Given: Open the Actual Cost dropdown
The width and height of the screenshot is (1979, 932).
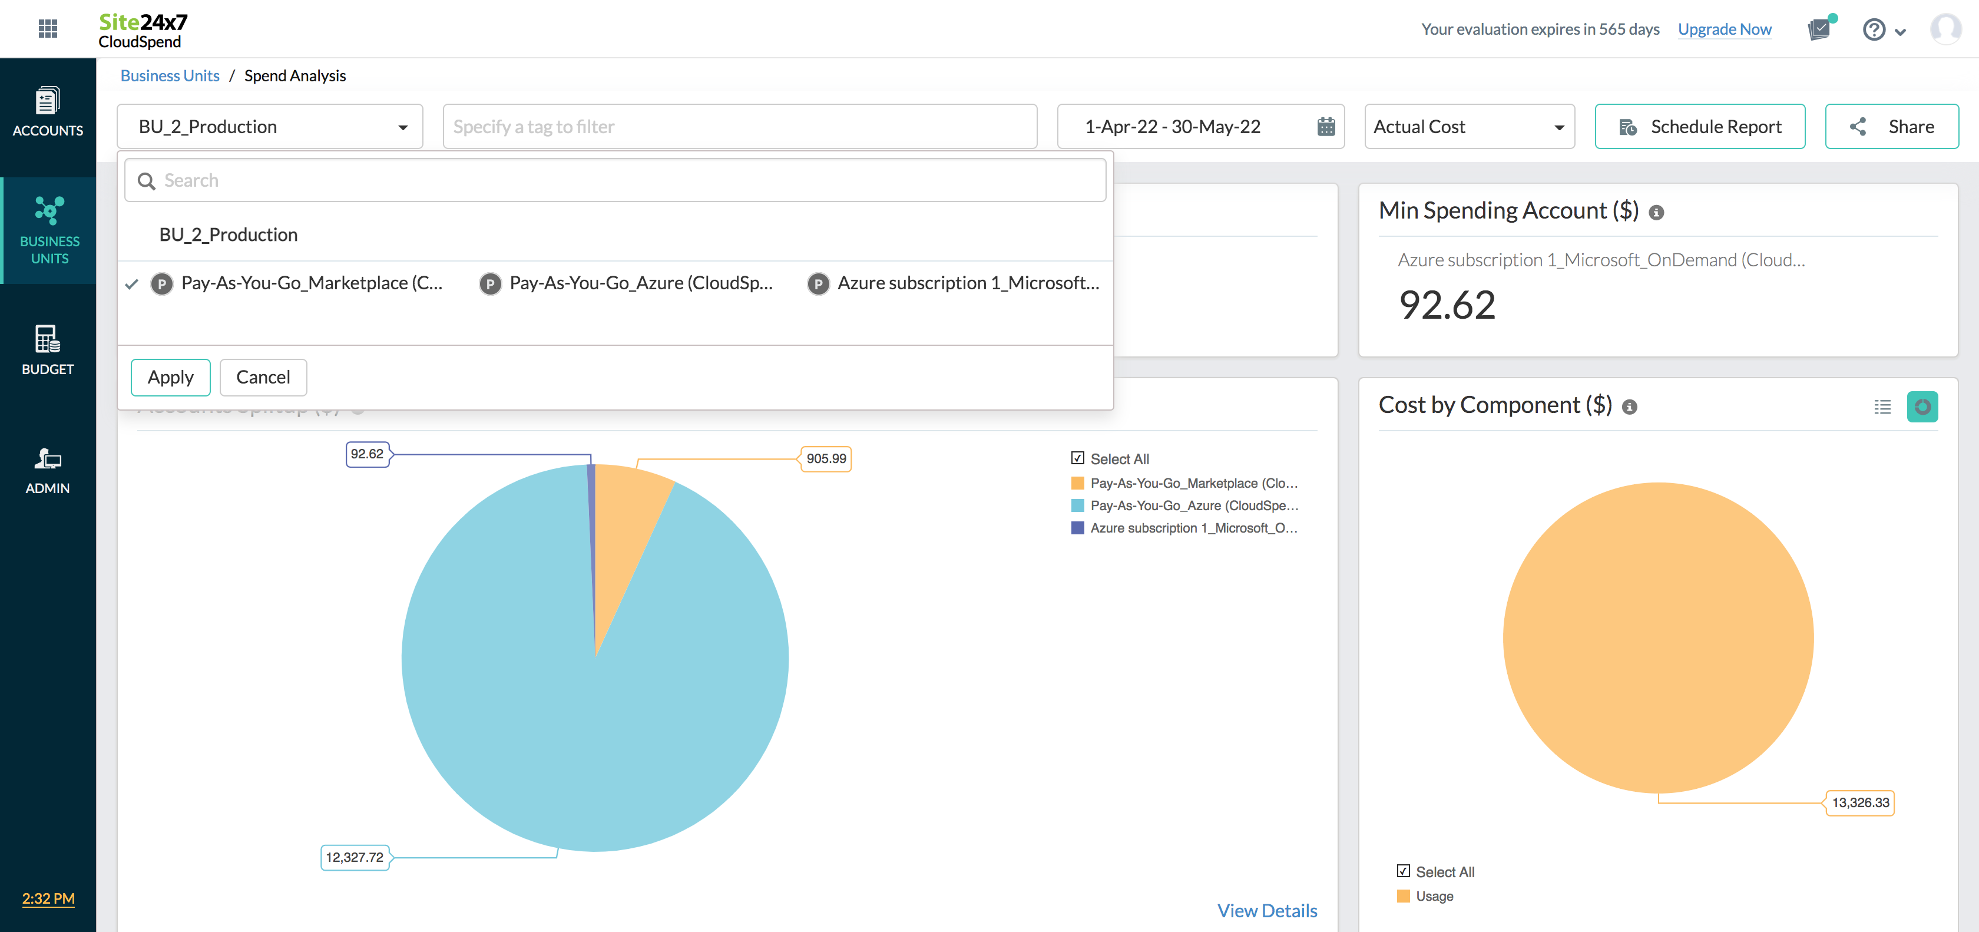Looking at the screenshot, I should point(1468,127).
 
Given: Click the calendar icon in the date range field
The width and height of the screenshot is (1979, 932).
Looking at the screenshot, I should point(1325,127).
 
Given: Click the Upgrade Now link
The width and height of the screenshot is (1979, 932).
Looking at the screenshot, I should point(1724,29).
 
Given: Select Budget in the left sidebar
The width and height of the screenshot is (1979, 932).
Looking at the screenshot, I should point(48,349).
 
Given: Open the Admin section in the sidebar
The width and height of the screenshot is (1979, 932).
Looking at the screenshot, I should point(48,470).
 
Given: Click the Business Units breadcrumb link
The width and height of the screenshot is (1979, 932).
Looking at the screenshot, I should point(170,75).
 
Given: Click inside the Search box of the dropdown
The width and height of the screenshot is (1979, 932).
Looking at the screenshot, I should point(614,180).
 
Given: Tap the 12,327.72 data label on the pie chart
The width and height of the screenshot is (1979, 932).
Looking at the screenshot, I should point(354,857).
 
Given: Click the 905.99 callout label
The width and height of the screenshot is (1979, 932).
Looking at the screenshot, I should point(826,459).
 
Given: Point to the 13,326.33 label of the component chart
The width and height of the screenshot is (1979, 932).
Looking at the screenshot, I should point(1860,803).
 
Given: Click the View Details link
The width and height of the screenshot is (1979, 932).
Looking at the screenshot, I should point(1267,910).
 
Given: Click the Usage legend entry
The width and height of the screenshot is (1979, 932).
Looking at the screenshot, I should point(1434,896).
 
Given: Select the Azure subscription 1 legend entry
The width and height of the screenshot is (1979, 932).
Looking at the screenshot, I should point(1193,528).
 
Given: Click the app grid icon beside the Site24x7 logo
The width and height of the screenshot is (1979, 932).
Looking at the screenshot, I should point(48,29).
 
